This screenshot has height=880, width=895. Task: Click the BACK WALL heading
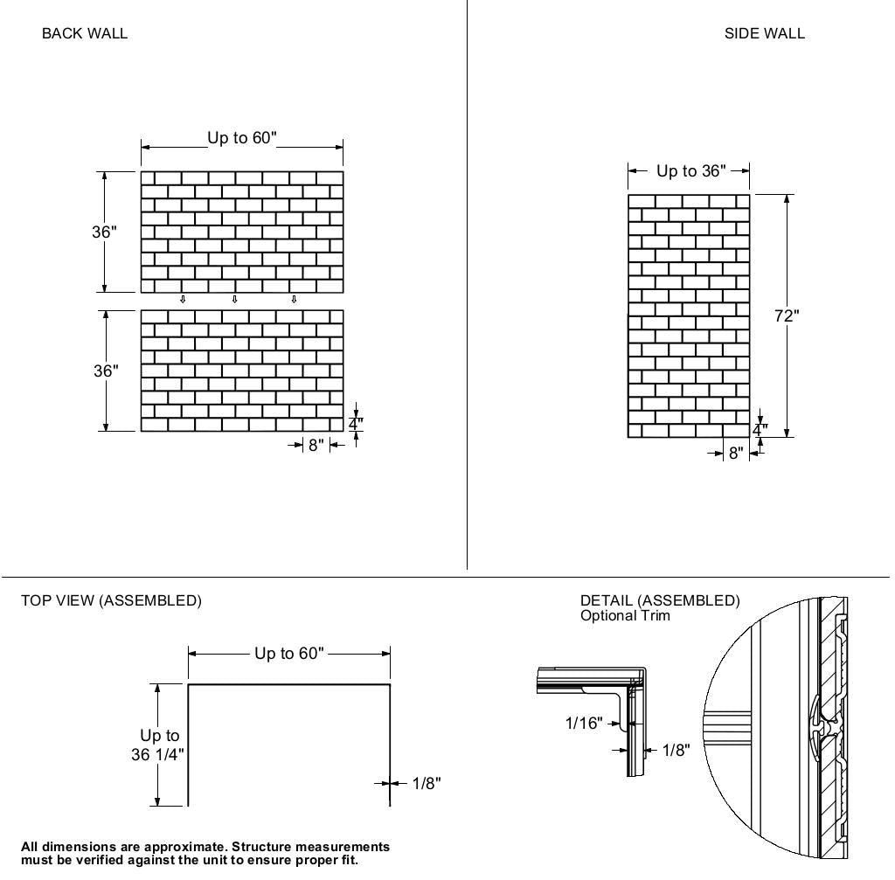[x=85, y=34]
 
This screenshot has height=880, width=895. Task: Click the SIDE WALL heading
[x=764, y=34]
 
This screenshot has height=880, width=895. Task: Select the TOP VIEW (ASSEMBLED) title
[x=111, y=601]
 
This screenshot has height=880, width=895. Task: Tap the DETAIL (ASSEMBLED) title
[x=660, y=600]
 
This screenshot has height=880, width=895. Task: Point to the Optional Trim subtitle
[x=625, y=615]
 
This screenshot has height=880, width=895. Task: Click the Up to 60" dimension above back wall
[x=242, y=138]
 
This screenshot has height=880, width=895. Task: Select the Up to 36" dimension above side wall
[x=690, y=171]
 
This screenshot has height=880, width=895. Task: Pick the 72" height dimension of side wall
[x=787, y=316]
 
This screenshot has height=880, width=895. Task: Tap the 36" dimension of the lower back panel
[x=106, y=371]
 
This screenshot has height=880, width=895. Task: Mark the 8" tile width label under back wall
[x=316, y=446]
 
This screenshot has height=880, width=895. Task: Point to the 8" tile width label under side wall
[x=736, y=454]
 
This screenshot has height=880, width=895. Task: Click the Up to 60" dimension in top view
[x=289, y=654]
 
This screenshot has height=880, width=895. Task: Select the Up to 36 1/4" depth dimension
[x=158, y=745]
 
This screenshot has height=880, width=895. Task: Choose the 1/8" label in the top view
[x=427, y=784]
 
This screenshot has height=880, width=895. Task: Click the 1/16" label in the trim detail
[x=584, y=724]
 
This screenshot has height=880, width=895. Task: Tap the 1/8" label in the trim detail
[x=676, y=751]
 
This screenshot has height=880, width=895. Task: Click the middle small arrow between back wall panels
[x=234, y=300]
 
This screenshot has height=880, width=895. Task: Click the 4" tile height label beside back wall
[x=356, y=425]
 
